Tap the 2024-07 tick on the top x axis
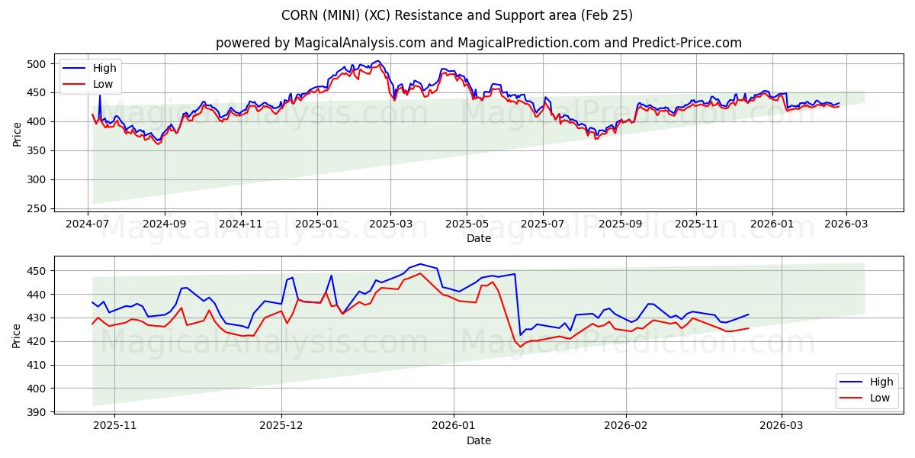coord(88,224)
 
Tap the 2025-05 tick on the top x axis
coord(467,224)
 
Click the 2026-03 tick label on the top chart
coord(846,224)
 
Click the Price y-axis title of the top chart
coord(17,134)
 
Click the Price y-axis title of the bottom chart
coord(17,336)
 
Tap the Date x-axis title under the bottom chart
coord(478,440)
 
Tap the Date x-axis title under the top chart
coord(478,238)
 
